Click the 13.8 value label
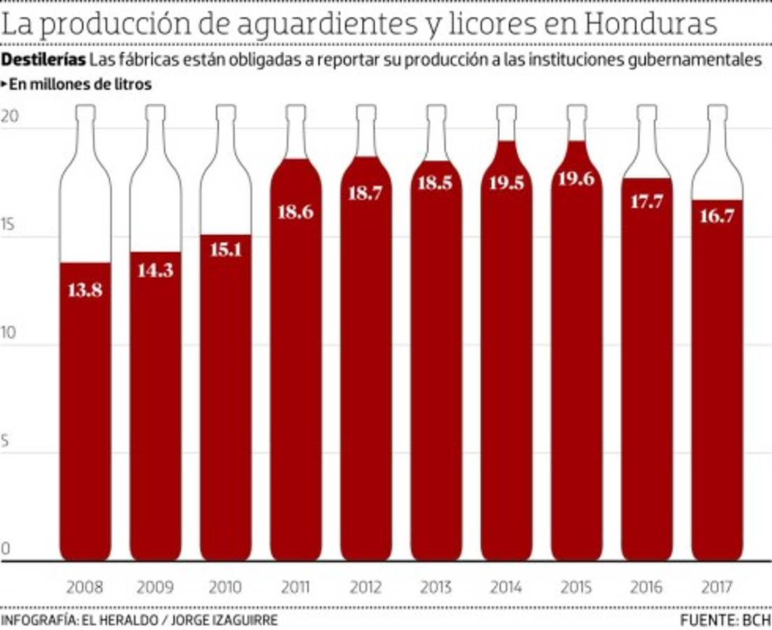pos(85,290)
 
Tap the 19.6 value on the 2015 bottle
pos(577,178)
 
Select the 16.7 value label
pos(717,216)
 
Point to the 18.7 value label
pos(365,194)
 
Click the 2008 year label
pos(85,587)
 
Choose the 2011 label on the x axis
pos(295,587)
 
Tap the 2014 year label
pos(506,587)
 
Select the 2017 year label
pos(717,587)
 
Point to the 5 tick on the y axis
pos(6,441)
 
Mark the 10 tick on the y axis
pos(8,333)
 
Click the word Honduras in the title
pos(652,24)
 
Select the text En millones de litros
pos(80,85)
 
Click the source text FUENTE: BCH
pos(725,620)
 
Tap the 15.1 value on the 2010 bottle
pos(225,248)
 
